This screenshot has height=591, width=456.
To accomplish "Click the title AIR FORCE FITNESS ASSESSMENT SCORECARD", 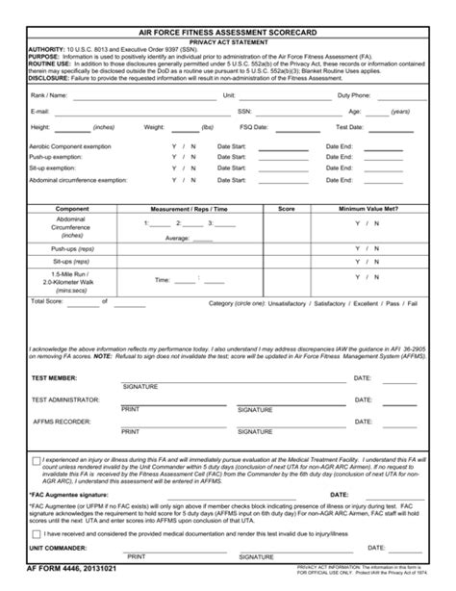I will (x=228, y=32).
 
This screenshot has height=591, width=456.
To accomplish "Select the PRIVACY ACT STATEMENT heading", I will (x=228, y=43).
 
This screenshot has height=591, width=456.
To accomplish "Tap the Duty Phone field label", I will (x=354, y=96).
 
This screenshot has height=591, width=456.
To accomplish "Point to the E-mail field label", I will (x=41, y=112).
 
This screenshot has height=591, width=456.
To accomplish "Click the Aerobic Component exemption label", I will (x=70, y=145).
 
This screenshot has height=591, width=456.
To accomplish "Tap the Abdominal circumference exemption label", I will (x=78, y=179).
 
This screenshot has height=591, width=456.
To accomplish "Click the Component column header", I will (x=72, y=208).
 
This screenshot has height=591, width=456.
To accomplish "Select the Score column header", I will (x=286, y=208).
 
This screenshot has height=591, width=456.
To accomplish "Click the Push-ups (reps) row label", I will (x=72, y=247).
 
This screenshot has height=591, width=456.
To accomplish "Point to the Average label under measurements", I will (x=177, y=237).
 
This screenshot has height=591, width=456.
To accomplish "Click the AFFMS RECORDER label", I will (x=61, y=421).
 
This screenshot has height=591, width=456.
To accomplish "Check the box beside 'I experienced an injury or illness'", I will (x=37, y=461).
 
